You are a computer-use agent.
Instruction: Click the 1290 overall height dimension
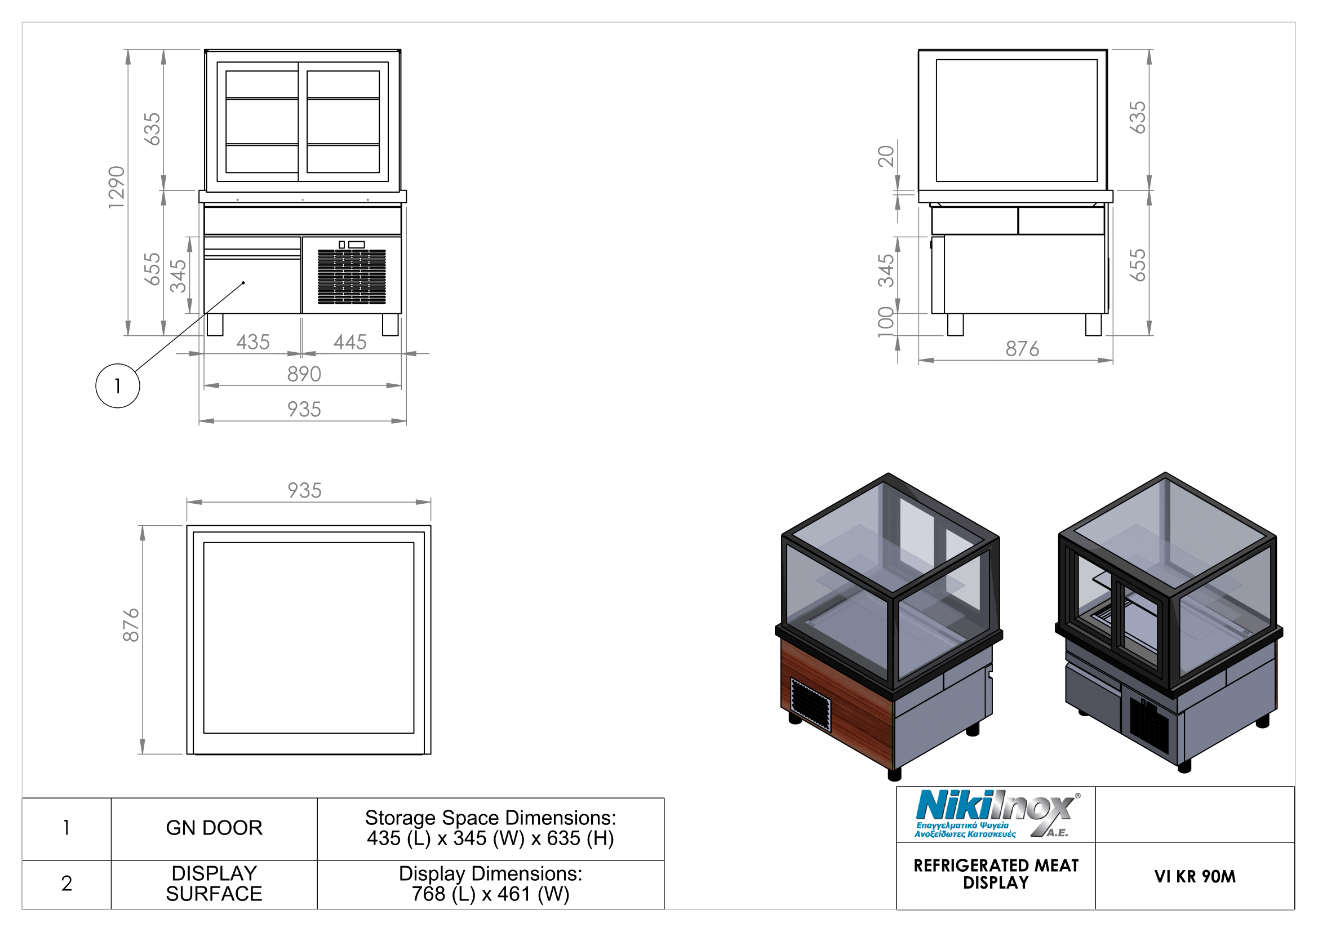tap(117, 188)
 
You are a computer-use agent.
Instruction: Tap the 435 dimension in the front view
tap(253, 343)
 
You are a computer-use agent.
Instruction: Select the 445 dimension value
tap(350, 343)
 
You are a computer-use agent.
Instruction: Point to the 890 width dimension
tap(304, 374)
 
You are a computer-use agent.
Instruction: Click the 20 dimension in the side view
tap(886, 156)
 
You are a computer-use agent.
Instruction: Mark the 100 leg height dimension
tap(886, 322)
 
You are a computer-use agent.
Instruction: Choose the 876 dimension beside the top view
tap(131, 625)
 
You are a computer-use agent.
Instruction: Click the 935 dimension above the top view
tap(304, 491)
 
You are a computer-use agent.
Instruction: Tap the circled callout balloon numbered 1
tap(118, 386)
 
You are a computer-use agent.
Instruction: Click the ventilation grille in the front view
tap(352, 277)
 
